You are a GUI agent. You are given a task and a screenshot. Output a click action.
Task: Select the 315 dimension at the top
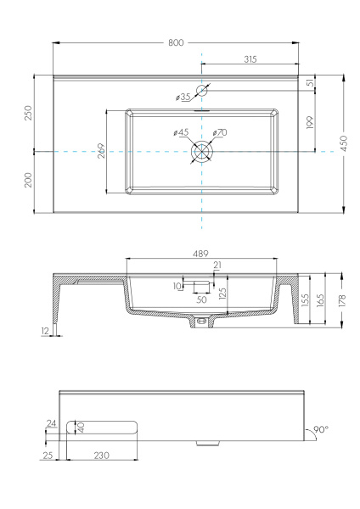click(x=250, y=59)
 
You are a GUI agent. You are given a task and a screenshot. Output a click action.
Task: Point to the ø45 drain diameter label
click(x=180, y=132)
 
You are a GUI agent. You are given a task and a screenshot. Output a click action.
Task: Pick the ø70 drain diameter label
click(x=220, y=132)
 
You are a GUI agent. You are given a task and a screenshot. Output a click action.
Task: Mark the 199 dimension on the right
click(x=312, y=121)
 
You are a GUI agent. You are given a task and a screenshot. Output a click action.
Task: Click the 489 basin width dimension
click(x=200, y=255)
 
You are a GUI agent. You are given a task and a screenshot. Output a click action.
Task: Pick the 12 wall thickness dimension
click(x=44, y=331)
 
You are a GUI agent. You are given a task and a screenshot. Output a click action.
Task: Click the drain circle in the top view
click(x=202, y=151)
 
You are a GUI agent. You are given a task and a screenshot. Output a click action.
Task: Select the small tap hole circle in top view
click(x=202, y=90)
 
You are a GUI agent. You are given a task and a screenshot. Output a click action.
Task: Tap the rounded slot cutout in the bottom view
click(x=104, y=428)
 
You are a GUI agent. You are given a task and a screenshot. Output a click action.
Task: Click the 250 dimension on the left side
click(x=27, y=113)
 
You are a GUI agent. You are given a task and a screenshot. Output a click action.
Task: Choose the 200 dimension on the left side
click(x=27, y=182)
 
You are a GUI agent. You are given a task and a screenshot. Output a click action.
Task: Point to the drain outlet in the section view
click(x=201, y=322)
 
